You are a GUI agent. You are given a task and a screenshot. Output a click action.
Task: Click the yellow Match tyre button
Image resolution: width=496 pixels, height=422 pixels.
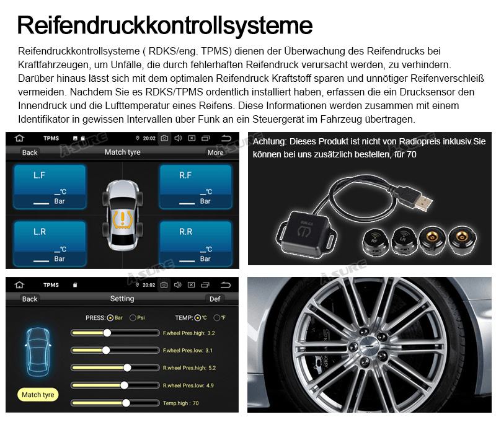coord(38,395)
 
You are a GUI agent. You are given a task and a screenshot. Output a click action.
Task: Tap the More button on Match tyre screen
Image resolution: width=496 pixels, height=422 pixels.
coord(215,152)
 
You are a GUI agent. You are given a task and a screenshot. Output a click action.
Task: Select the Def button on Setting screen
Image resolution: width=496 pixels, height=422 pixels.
coord(215,299)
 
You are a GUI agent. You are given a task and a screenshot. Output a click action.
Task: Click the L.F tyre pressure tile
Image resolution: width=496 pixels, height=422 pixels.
coord(50,187)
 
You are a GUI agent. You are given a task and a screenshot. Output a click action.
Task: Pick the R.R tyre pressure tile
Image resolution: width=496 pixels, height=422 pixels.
coord(196,244)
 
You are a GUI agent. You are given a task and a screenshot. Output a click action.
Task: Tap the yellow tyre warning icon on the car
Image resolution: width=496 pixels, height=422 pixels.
coord(122,219)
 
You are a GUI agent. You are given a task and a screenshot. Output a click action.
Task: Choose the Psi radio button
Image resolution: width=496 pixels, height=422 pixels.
coord(133,318)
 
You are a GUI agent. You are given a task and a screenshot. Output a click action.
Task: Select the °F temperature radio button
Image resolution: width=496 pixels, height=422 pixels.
coord(217,318)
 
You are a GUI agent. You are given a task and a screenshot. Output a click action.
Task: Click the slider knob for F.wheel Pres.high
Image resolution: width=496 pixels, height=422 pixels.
coord(107,333)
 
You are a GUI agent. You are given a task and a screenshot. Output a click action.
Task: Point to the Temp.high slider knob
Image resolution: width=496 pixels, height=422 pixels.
coord(126,403)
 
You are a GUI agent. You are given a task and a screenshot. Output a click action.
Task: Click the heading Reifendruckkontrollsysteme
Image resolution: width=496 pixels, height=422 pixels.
coord(165,25)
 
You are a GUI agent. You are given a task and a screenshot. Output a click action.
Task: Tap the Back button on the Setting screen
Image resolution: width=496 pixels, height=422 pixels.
coord(30,299)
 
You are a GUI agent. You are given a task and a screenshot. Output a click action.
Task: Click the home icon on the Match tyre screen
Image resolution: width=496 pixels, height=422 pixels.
coord(20,138)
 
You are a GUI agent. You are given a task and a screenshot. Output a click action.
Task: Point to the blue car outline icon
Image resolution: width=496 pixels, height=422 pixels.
coord(38,352)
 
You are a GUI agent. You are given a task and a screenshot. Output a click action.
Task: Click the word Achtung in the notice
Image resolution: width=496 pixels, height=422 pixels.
coord(270,142)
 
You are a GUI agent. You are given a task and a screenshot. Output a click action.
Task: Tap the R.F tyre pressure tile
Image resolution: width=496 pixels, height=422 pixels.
coord(196,187)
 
